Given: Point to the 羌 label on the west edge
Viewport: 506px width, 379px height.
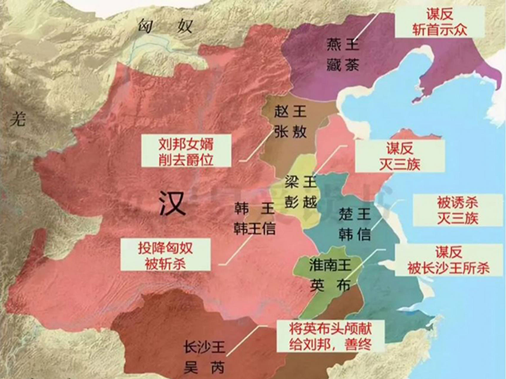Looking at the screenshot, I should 18,120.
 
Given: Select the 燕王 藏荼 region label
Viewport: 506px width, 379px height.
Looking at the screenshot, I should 343,55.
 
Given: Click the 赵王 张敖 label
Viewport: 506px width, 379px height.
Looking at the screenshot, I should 290,122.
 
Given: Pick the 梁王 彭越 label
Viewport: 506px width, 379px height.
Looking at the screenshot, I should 301,192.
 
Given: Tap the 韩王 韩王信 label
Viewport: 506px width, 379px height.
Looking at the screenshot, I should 255,219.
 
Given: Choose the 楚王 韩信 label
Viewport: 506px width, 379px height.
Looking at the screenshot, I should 355,224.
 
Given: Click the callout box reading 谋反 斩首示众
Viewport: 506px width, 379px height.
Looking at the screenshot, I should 440,22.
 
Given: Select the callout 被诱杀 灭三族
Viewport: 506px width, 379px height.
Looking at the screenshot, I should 457,211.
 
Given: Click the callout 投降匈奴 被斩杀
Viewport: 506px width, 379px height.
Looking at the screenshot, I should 165,255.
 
